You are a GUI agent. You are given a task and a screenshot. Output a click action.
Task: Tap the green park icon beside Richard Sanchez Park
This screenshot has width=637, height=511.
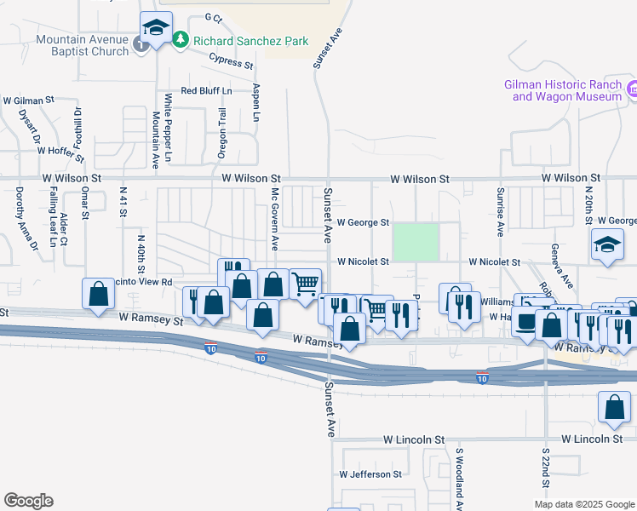[x=180, y=39]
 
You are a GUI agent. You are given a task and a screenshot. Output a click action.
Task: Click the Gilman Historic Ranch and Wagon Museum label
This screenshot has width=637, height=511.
[x=562, y=90]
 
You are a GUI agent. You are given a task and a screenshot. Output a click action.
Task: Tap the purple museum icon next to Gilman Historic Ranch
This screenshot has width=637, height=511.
[x=632, y=89]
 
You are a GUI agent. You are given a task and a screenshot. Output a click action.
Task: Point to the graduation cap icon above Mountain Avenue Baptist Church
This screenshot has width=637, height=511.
[x=156, y=30]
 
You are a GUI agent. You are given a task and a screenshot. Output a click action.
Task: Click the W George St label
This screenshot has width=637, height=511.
[x=363, y=222]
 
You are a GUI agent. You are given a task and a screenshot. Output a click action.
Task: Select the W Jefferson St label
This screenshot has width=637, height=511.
[x=370, y=474]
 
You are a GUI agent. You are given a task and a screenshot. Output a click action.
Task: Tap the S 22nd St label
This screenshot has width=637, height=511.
[x=545, y=466]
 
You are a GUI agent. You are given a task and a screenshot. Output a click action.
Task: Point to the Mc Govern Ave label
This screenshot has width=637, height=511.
[x=275, y=223]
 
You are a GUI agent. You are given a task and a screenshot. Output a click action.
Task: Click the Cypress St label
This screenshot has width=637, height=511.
[x=232, y=60]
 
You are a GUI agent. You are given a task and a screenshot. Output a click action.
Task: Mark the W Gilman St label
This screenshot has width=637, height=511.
[x=28, y=100]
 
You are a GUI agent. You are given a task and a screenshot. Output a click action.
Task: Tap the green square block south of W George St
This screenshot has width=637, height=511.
[x=415, y=242]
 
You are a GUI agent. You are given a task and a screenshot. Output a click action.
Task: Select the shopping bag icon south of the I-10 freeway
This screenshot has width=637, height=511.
[x=614, y=410]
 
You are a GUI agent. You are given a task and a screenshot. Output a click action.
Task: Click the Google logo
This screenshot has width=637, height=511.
[x=28, y=501]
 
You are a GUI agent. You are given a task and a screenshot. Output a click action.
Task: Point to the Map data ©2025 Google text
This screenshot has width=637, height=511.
[x=584, y=504]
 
